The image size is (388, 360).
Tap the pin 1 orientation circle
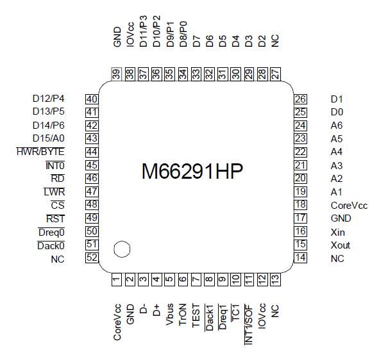coord(121,248)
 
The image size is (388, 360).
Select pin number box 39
coord(117,74)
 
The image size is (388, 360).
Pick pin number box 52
coord(92,258)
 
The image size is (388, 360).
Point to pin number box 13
coord(275,280)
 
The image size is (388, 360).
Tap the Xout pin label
coord(341,245)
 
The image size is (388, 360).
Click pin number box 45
coord(92,165)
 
